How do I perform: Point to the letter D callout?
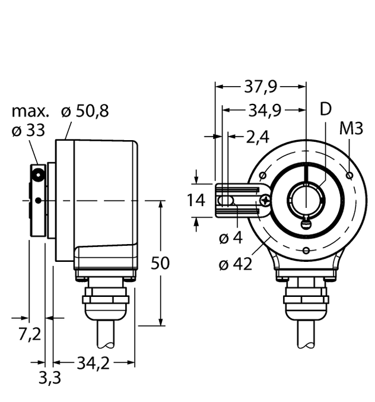[x=325, y=109]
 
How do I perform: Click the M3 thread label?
[x=351, y=129]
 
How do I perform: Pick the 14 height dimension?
[x=196, y=201]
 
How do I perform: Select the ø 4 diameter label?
[x=231, y=238]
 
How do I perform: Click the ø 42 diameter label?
[x=235, y=264]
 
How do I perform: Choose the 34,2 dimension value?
[x=93, y=362]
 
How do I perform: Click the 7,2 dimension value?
[x=28, y=334]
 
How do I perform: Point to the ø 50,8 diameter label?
[x=85, y=112]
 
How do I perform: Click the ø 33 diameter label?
[x=28, y=131]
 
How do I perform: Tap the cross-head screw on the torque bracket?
[x=264, y=202]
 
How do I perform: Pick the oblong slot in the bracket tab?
[x=224, y=202]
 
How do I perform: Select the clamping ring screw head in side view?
[x=39, y=175]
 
